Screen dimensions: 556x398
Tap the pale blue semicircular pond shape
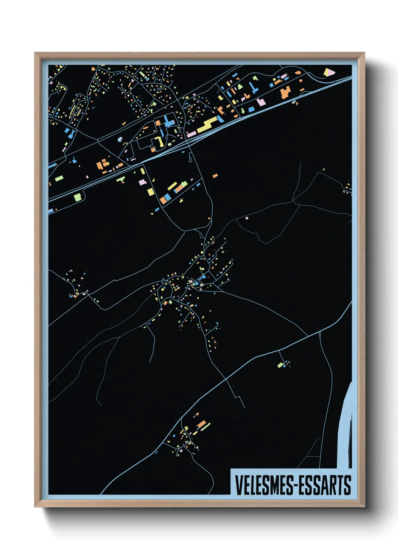120,139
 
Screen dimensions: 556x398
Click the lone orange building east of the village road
215,175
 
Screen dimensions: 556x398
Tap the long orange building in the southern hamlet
202,425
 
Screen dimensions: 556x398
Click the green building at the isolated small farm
280,364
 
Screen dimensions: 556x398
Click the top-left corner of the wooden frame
35,53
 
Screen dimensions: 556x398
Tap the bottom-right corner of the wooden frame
364,506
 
